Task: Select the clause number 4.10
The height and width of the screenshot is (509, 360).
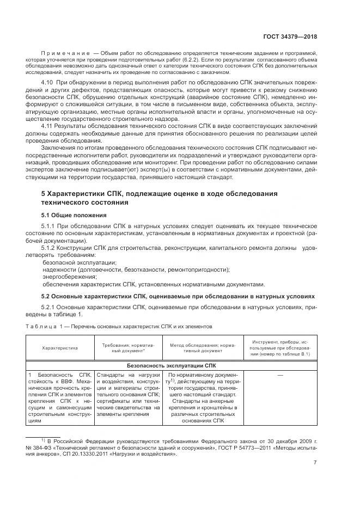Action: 49,81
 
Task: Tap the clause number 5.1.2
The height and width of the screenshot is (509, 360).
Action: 51,248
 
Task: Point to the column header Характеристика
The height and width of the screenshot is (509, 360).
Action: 60,347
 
